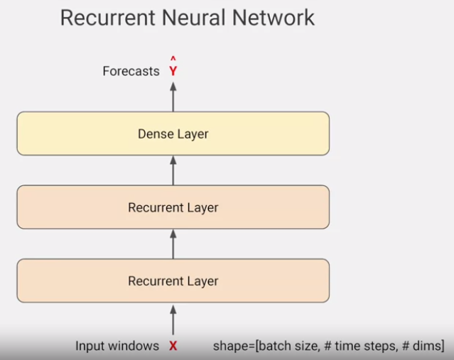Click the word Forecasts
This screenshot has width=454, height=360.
click(x=131, y=71)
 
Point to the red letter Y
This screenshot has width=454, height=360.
click(x=173, y=72)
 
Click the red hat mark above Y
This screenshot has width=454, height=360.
click(x=173, y=60)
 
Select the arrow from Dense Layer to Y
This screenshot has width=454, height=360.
click(x=173, y=96)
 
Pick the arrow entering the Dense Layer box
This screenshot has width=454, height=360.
click(x=173, y=170)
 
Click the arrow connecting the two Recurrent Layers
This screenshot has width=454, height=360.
click(x=173, y=244)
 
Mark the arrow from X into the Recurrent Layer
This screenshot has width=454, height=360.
click(x=173, y=319)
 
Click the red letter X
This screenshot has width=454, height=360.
click(x=173, y=347)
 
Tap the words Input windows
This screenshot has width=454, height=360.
click(x=117, y=346)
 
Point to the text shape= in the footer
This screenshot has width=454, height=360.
click(x=233, y=347)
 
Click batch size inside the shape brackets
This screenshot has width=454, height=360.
click(x=286, y=346)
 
